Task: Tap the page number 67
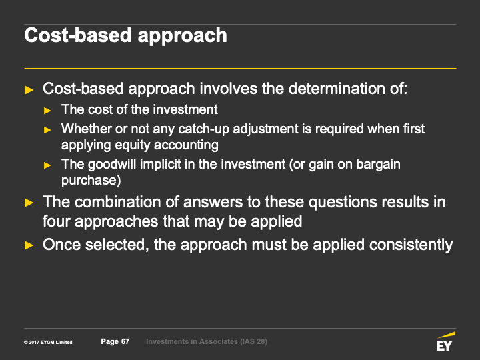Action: click(125, 341)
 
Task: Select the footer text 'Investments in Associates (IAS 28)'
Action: click(207, 341)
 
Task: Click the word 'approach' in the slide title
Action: click(183, 36)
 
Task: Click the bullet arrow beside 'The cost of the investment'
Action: click(47, 111)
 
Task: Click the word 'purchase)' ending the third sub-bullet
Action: click(91, 180)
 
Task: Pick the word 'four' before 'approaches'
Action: click(57, 221)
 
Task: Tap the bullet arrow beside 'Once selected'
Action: click(29, 245)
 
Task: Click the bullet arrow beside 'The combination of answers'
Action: click(29, 203)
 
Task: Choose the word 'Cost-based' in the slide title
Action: click(79, 35)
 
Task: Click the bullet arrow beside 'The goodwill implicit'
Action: click(47, 165)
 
